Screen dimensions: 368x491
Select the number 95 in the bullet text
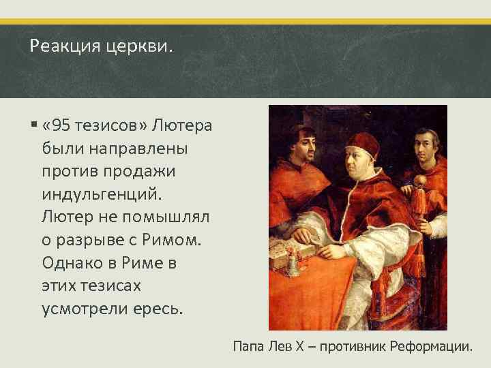[62, 127]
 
